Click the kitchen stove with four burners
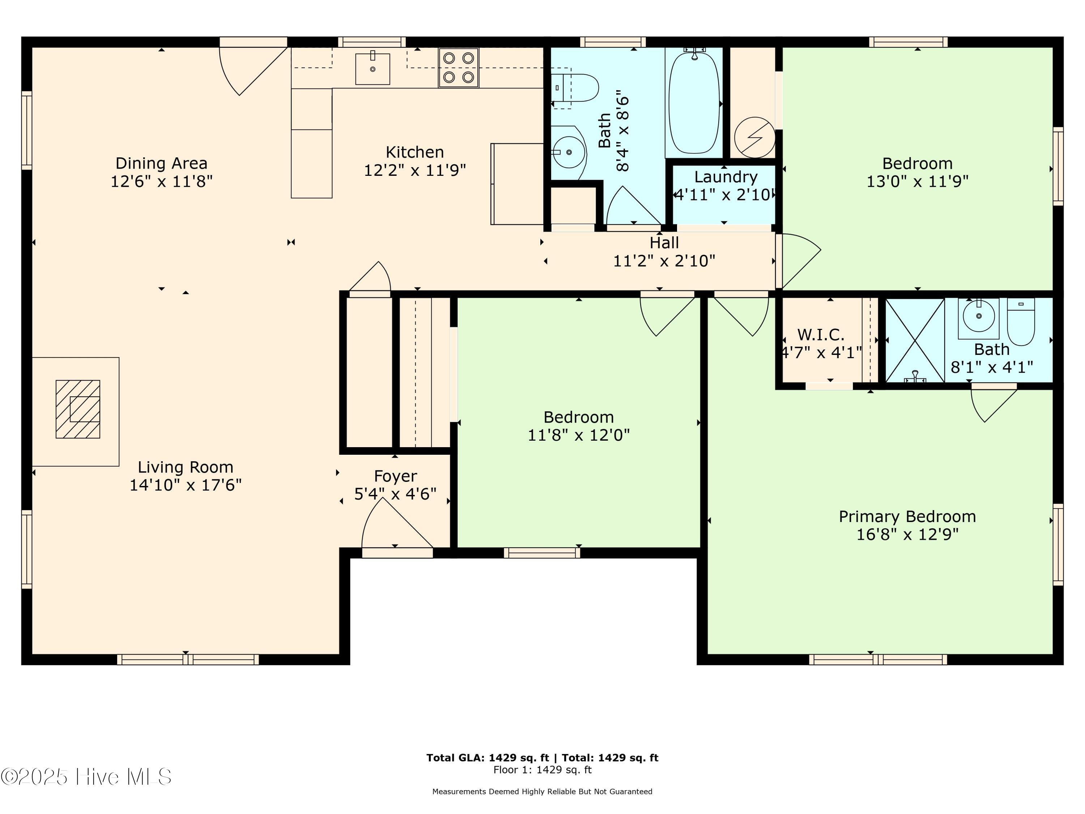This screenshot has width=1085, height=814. tap(458, 68)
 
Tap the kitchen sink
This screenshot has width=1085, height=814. tap(372, 69)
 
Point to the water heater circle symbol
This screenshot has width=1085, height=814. tap(755, 137)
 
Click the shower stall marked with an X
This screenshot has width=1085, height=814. tap(915, 340)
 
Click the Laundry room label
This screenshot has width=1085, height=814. tap(726, 177)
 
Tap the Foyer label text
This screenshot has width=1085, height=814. tap(395, 476)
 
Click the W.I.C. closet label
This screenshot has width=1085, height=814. tap(821, 335)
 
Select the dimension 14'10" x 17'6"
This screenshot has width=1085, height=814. tap(186, 485)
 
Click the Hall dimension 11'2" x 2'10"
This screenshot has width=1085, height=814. tap(664, 261)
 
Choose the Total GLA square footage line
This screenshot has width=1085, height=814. tap(542, 758)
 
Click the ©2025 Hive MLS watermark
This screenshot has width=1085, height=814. tap(86, 777)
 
